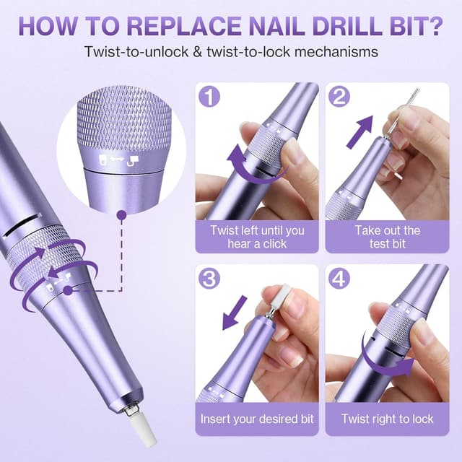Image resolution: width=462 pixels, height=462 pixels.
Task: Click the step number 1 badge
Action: pos(209,96)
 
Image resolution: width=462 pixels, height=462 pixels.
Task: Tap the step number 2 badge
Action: pos(339,96)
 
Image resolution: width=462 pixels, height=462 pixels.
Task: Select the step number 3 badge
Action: pos(209,278)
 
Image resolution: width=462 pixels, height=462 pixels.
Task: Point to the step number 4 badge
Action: pos(339,278)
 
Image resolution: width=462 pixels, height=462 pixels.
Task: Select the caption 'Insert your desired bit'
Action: pos(257,419)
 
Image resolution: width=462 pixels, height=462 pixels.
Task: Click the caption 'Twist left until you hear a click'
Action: pos(257,237)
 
